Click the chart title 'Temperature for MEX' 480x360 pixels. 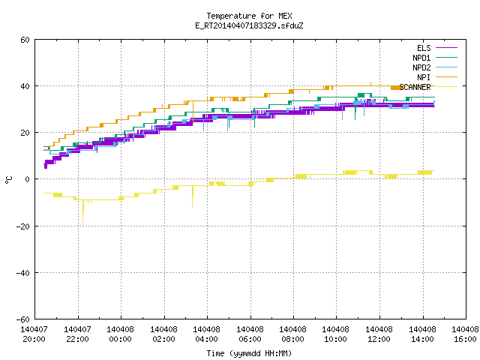[x=249, y=16]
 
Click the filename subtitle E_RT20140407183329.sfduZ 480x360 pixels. [x=249, y=25]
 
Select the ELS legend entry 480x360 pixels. [x=437, y=48]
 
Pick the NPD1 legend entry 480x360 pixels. [x=435, y=58]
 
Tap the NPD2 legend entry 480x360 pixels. [x=435, y=67]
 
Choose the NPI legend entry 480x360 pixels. [x=437, y=77]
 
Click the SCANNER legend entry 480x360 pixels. [x=428, y=87]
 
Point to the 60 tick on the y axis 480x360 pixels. [x=25, y=40]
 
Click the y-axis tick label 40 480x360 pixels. [x=25, y=86]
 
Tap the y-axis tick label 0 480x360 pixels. [x=27, y=179]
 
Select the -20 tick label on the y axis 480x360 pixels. [x=23, y=226]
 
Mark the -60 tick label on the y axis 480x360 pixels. [x=23, y=319]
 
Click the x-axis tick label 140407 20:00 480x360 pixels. [x=34, y=334]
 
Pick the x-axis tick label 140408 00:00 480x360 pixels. [x=120, y=334]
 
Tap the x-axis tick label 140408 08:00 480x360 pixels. [x=293, y=334]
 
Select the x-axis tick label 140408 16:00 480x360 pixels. [x=465, y=334]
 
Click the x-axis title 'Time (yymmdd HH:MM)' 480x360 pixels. [x=249, y=353]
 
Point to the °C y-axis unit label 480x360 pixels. [x=9, y=180]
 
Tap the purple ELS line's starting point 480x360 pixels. [x=45, y=164]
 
